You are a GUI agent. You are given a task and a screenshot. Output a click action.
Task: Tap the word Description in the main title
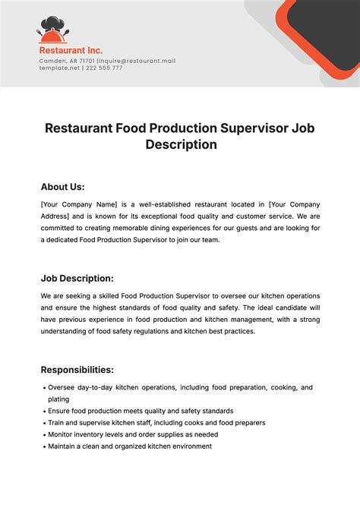[x=181, y=144]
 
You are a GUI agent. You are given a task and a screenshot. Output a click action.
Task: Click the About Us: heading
[x=62, y=187]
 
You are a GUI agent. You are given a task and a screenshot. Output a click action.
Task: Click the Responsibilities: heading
[x=77, y=370]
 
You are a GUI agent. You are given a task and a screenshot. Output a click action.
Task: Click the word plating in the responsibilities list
[x=58, y=399]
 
